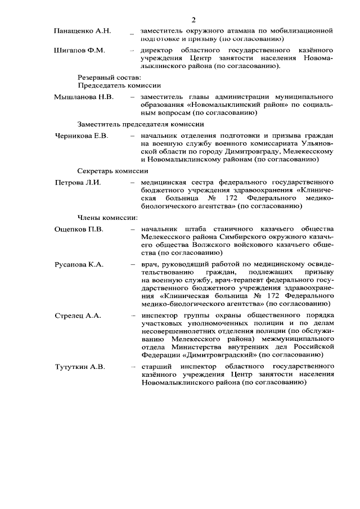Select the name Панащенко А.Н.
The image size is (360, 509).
point(80,29)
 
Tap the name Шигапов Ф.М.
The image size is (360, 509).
point(79,51)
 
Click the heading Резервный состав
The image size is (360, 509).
point(109,76)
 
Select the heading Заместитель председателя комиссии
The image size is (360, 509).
point(140,124)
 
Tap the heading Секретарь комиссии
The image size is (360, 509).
point(112,170)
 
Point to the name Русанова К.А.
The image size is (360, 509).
point(79,264)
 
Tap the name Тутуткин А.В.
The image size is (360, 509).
point(79,367)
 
